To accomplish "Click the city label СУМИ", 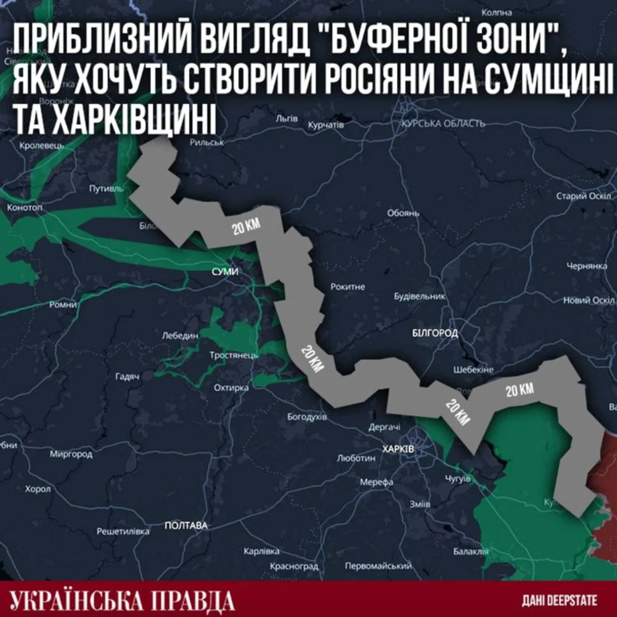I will click(225, 272).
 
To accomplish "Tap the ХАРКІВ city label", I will click(398, 449).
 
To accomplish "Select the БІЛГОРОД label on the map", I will click(435, 333).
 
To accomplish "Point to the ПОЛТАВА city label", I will click(186, 525).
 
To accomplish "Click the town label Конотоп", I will click(24, 208).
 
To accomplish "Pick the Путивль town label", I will click(106, 189).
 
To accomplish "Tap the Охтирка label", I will click(231, 387).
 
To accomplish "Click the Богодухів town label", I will click(307, 417).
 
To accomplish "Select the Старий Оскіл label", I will click(584, 196).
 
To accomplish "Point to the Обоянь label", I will click(403, 213).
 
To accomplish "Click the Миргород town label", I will click(71, 454).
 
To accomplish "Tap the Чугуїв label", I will click(458, 479).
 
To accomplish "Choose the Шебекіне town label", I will click(474, 370).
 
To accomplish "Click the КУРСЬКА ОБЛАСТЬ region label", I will click(443, 124).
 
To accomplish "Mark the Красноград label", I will click(294, 566).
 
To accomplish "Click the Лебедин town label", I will click(180, 335).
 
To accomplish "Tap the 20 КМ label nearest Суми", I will click(246, 226).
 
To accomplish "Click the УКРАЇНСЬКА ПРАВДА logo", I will click(122, 601).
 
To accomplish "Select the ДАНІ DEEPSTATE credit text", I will click(559, 601).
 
